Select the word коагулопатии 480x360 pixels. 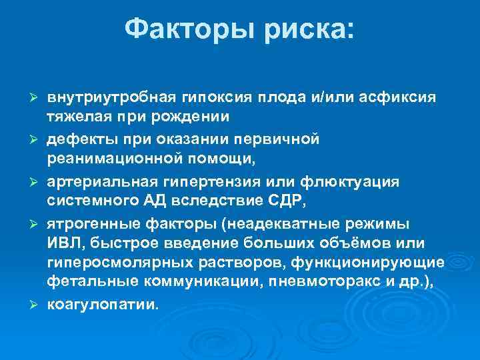[x=103, y=305]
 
